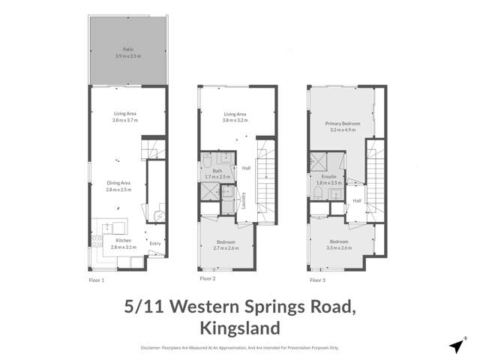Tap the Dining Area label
click(118, 182)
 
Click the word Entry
click(155, 243)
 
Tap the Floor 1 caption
click(97, 279)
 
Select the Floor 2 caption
click(208, 279)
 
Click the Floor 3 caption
click(318, 279)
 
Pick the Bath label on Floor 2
click(217, 169)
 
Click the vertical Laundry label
click(244, 200)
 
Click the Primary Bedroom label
click(340, 122)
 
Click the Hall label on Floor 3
click(358, 200)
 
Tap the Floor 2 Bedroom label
click(226, 241)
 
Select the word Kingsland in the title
click(241, 328)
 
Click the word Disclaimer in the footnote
click(154, 348)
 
